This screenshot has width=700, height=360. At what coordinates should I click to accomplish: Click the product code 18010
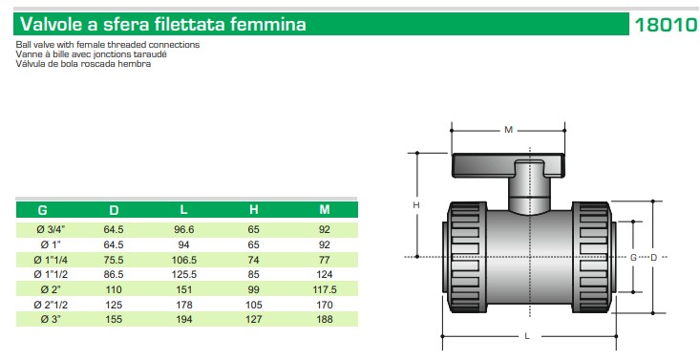tap(666, 25)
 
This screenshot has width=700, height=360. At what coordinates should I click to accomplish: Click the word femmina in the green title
tap(268, 24)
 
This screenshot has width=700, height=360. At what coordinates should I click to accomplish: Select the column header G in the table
tap(42, 210)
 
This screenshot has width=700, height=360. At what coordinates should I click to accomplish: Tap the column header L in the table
tap(183, 209)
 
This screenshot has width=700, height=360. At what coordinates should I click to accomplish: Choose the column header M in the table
tap(325, 209)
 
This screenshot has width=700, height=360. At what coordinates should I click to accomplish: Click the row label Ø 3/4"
tap(51, 229)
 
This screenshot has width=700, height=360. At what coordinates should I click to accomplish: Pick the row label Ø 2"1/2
tap(51, 305)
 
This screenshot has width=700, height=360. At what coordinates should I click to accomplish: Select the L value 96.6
tap(183, 229)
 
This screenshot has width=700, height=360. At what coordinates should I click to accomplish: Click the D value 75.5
tap(114, 260)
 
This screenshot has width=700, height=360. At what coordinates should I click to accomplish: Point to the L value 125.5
tap(184, 274)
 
